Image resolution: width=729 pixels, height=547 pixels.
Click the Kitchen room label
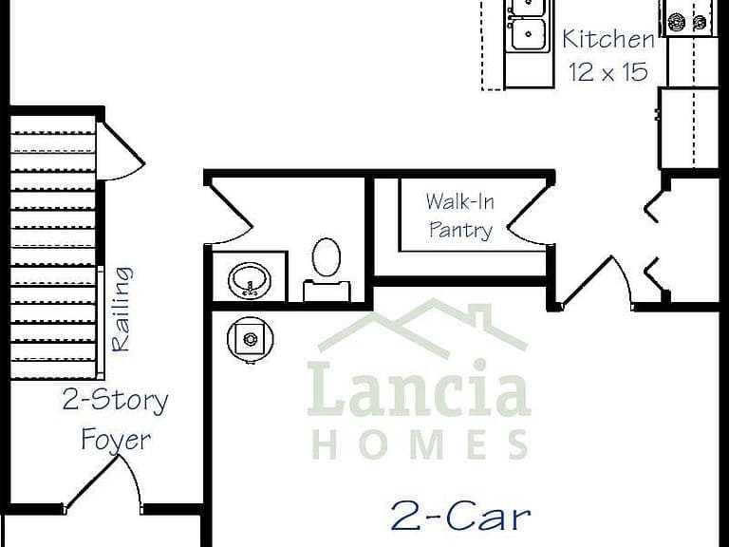pyautogui.click(x=608, y=39)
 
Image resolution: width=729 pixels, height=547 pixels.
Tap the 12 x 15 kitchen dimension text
pyautogui.click(x=608, y=71)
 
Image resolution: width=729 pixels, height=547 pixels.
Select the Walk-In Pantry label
pyautogui.click(x=460, y=216)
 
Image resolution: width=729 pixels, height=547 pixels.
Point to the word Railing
pyautogui.click(x=122, y=309)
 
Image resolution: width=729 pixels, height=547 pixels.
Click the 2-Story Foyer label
pyautogui.click(x=115, y=420)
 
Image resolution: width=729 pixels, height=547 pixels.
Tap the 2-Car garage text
pyautogui.click(x=460, y=516)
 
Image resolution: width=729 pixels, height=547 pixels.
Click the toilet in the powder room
pyautogui.click(x=327, y=270)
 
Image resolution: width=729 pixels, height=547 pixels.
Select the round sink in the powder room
pyautogui.click(x=250, y=280)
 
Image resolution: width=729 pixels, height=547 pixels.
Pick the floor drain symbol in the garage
pyautogui.click(x=251, y=339)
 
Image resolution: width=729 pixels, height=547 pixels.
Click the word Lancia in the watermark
pyautogui.click(x=419, y=389)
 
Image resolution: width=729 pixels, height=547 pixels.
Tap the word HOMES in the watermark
pyautogui.click(x=421, y=444)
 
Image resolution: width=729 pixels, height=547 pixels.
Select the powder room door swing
pyautogui.click(x=228, y=213)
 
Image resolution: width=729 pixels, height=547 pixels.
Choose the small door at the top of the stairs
pyautogui.click(x=121, y=150)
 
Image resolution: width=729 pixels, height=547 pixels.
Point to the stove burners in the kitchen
pyautogui.click(x=687, y=21)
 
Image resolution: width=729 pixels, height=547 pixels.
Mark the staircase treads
pyautogui.click(x=52, y=247)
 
